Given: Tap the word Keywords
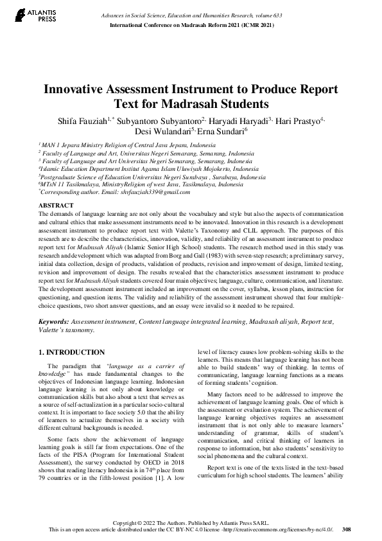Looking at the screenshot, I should click(x=53, y=319).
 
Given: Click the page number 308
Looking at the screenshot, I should click(x=347, y=529).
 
